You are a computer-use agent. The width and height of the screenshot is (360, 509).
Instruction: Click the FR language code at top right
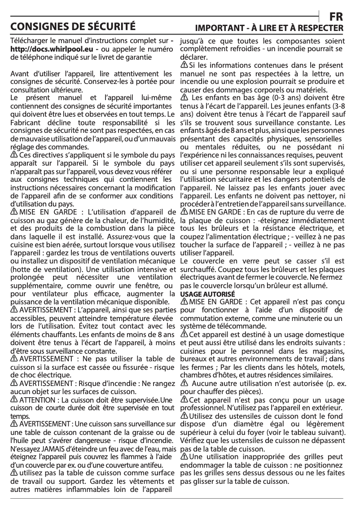pyautogui.click(x=336, y=17)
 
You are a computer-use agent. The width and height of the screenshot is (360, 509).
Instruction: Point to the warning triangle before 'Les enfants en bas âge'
pyautogui.click(x=184, y=97)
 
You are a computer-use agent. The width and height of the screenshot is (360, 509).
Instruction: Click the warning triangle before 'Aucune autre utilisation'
pyautogui.click(x=184, y=383)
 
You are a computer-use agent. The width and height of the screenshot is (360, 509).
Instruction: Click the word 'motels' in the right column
pyautogui.click(x=326, y=367)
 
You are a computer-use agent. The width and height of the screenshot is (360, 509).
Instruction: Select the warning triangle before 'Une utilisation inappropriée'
pyautogui.click(x=184, y=457)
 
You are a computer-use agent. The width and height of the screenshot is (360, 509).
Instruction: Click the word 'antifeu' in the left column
pyautogui.click(x=151, y=464)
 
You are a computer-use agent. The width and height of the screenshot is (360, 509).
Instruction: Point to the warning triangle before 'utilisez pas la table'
pyautogui.click(x=14, y=473)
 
